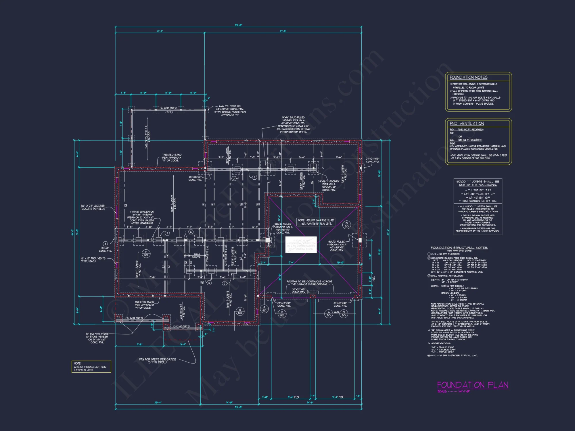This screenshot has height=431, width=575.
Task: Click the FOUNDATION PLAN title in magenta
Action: (472, 385)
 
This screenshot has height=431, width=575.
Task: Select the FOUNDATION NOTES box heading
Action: (468, 77)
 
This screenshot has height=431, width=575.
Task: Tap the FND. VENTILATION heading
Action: (467, 124)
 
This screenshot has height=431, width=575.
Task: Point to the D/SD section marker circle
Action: (346, 225)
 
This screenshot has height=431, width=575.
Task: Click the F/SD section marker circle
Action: (146, 253)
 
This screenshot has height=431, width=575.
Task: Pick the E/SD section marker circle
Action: (240, 311)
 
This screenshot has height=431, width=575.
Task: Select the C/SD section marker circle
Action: (282, 313)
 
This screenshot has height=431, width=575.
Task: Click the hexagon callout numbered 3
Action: (105, 244)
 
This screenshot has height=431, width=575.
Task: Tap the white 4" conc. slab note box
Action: (301, 245)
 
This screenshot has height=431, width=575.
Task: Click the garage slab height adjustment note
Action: (316, 222)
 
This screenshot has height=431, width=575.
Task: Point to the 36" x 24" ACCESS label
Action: (93, 207)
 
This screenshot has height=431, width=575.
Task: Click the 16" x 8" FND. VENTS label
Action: (93, 260)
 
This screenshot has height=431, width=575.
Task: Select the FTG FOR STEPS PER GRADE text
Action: (157, 361)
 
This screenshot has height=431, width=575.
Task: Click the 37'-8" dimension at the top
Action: (283, 31)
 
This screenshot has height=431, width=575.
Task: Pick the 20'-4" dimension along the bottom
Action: (158, 403)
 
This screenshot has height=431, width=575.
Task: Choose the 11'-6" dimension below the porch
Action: (139, 344)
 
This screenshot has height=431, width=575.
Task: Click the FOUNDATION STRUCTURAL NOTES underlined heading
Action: (459, 248)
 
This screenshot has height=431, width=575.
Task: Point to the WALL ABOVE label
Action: (197, 255)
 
